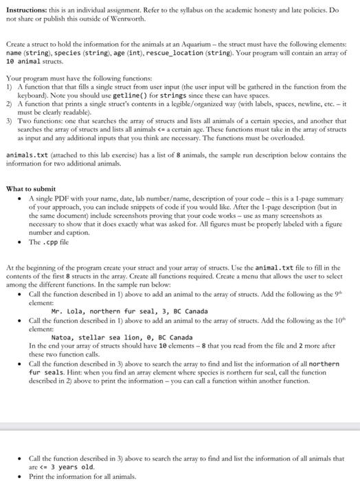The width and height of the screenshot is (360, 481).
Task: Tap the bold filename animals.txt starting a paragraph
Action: pos(25,155)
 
